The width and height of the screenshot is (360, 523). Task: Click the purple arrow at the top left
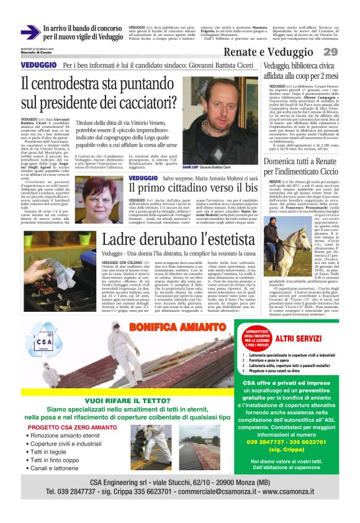tap(30, 32)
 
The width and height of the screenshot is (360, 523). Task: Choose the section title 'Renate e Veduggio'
tap(268, 52)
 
